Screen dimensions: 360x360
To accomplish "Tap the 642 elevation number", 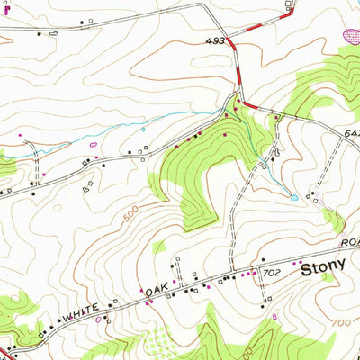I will coord(351,132).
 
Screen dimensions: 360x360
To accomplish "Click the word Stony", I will coord(323,268).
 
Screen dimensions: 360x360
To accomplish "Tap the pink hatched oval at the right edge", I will coord(350,37).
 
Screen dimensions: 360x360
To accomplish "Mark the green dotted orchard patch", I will coord(159,341).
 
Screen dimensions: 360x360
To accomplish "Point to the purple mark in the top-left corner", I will coord(4,10).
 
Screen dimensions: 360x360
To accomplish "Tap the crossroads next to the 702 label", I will coord(257,269).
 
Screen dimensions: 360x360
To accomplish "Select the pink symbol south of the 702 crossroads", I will coord(274,315).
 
